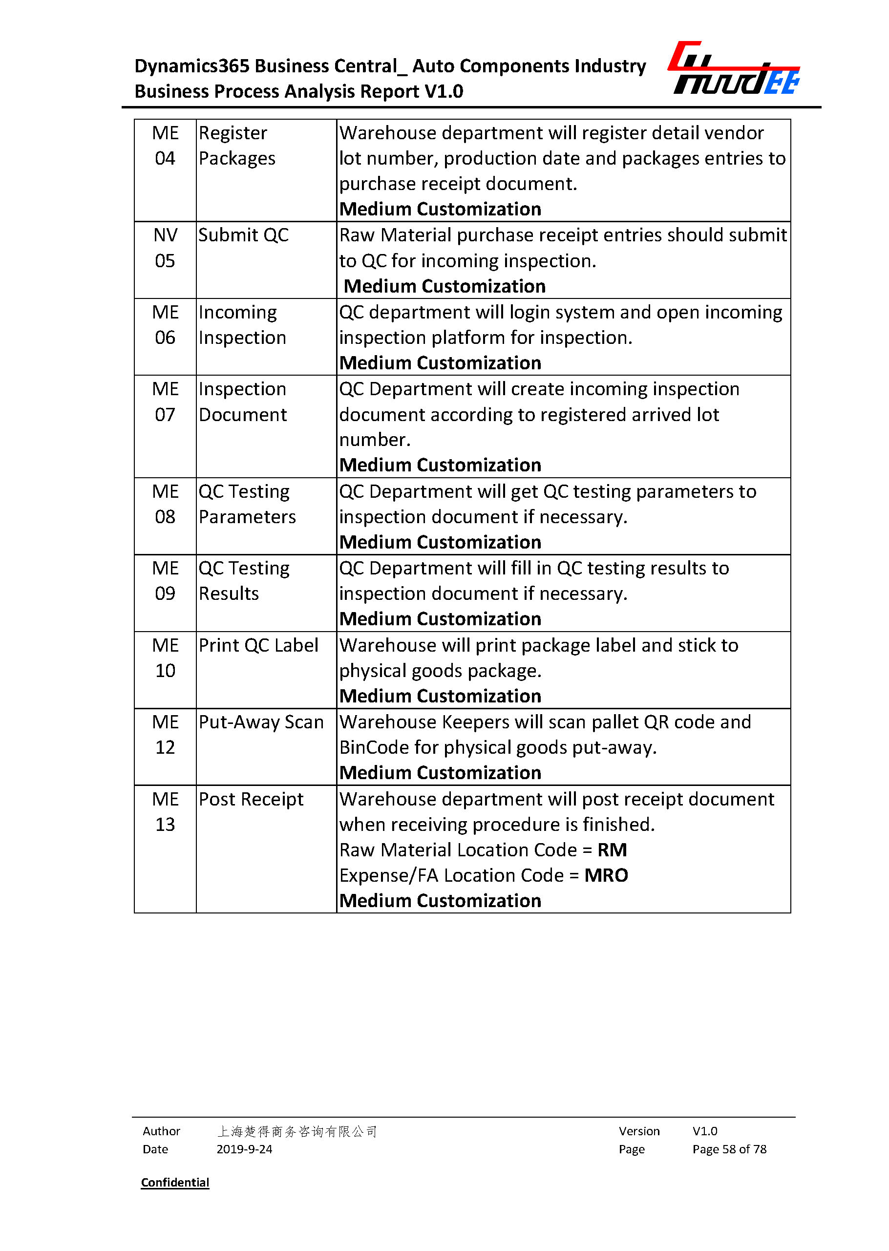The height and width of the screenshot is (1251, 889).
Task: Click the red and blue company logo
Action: [x=734, y=68]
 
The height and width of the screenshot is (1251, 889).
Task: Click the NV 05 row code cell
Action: [x=165, y=248]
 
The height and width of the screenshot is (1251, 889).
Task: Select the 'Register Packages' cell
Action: [x=237, y=146]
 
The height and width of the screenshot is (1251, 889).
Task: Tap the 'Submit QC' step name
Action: [x=243, y=235]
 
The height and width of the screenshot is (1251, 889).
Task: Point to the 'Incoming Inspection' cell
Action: [x=242, y=325]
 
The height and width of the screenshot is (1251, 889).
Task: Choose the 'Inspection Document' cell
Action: [x=242, y=402]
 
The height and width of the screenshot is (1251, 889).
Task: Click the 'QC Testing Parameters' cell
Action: [x=247, y=504]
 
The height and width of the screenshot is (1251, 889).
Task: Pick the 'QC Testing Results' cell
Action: [x=244, y=581]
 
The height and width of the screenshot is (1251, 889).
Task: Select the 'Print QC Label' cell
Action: [x=258, y=645]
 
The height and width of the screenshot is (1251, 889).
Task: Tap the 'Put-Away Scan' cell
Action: [x=261, y=722]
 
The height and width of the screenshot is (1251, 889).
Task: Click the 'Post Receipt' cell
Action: [x=251, y=799]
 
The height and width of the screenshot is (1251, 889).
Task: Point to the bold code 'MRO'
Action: [x=606, y=875]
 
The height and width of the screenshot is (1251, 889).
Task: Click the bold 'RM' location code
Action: [x=612, y=849]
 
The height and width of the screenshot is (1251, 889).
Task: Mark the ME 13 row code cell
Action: [x=165, y=812]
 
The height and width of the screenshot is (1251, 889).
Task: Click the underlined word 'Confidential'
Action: [x=175, y=1183]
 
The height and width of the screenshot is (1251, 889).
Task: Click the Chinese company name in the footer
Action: [x=296, y=1131]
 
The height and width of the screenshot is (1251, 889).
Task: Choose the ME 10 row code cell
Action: [x=165, y=658]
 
